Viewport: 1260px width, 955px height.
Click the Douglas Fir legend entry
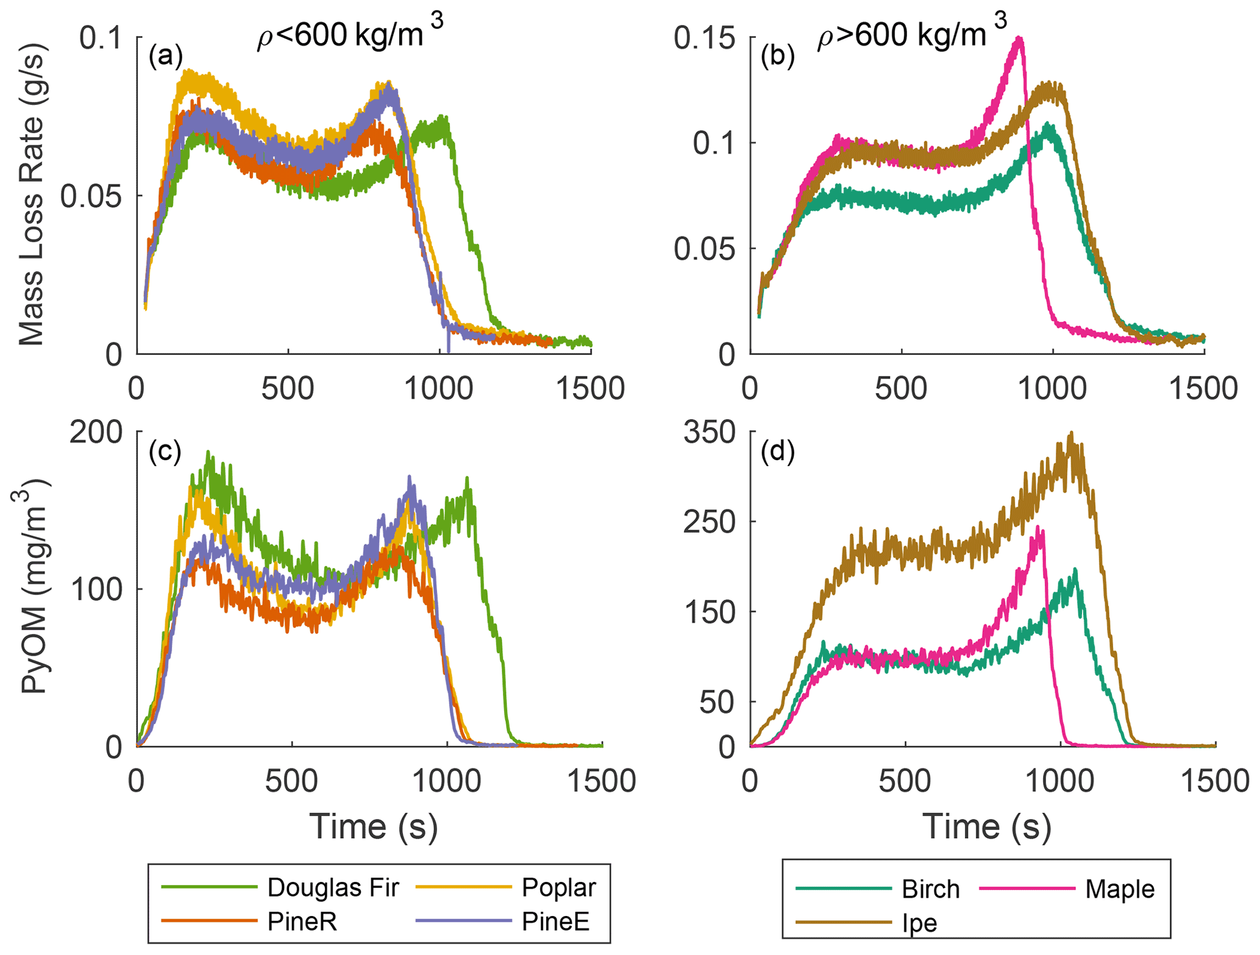coord(333,887)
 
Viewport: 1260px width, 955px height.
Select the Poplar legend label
coord(558,887)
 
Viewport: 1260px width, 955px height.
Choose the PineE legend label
coord(555,921)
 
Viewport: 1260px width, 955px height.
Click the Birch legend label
coord(930,889)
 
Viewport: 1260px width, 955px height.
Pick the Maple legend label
coord(1120,889)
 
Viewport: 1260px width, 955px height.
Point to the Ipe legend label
coord(919,923)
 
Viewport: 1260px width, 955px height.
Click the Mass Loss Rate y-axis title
coord(32,195)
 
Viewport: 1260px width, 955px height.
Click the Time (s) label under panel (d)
coord(987,827)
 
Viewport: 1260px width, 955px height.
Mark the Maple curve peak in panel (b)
coord(1019,38)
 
